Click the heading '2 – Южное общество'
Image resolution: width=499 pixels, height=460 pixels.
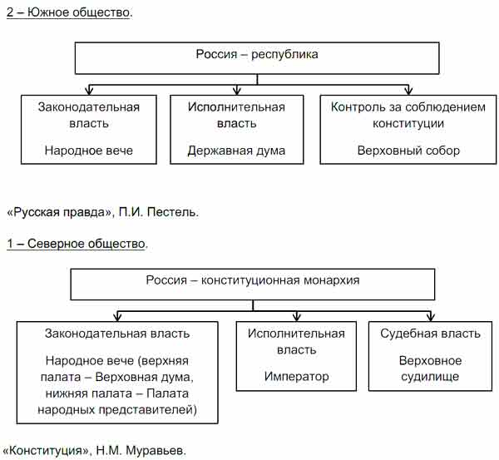point(68,12)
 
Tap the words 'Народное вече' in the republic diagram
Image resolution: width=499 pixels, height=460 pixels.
point(89,151)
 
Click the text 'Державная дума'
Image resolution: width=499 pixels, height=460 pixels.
point(236,151)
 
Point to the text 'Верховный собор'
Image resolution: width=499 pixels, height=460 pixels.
point(408,151)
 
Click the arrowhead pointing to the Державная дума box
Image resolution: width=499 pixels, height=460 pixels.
point(236,91)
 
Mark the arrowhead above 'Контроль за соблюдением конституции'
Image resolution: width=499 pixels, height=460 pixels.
point(408,91)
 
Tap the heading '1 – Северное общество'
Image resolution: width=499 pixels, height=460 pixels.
point(77,244)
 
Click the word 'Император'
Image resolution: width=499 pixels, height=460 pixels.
point(296,377)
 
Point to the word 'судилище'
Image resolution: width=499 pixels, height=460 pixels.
point(430,377)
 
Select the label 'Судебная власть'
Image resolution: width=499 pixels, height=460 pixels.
point(430,334)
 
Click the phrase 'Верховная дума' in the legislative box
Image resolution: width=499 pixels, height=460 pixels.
point(143,377)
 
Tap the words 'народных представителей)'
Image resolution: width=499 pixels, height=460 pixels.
point(117,410)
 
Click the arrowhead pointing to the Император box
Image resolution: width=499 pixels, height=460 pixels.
point(296,317)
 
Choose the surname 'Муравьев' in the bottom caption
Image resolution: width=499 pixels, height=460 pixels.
point(156,451)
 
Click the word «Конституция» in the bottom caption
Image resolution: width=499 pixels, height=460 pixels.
point(45,451)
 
